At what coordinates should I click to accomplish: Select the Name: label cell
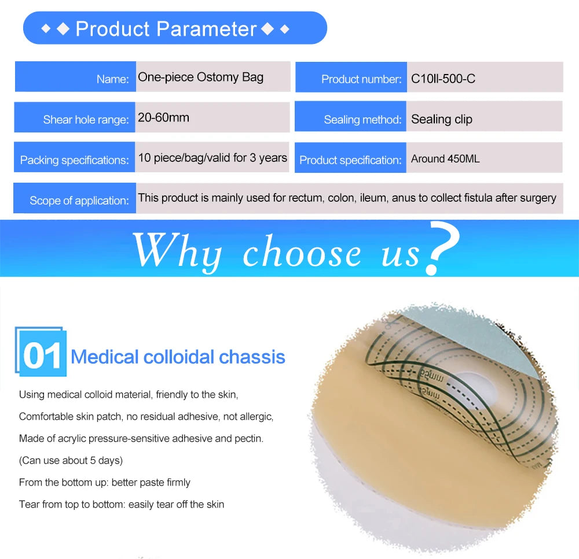click(x=113, y=79)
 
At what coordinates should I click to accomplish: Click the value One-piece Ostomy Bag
click(x=200, y=77)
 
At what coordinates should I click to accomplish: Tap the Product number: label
click(x=361, y=79)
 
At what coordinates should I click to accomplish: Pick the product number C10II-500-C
click(x=443, y=79)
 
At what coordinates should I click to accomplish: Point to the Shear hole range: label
click(x=86, y=120)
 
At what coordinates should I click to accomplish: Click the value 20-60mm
click(x=163, y=117)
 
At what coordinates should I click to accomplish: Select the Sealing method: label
click(x=362, y=120)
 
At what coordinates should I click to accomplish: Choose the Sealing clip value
click(x=441, y=119)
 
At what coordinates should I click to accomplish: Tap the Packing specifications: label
click(x=75, y=160)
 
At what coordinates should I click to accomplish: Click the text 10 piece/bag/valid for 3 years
click(x=212, y=158)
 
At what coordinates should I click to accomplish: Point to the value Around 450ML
click(x=445, y=158)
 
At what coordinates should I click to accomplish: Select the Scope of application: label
click(x=79, y=201)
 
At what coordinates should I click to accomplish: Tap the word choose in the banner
click(x=302, y=253)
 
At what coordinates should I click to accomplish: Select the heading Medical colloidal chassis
click(x=178, y=357)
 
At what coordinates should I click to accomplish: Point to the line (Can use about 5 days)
click(x=71, y=460)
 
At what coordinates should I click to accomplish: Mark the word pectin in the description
click(x=249, y=438)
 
